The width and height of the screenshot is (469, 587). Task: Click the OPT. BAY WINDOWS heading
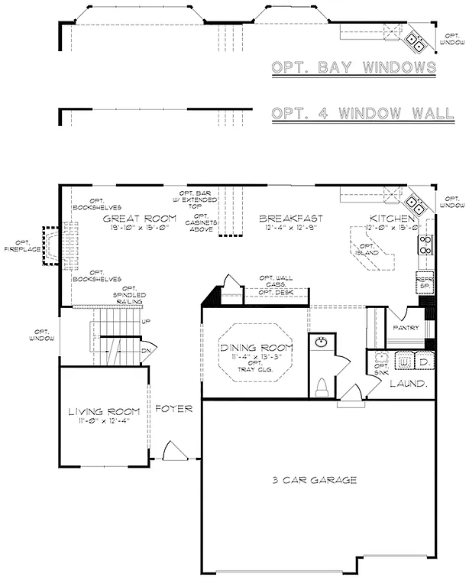coord(354,68)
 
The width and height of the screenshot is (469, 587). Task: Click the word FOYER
coord(174,409)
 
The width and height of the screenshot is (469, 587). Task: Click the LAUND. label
coord(409,384)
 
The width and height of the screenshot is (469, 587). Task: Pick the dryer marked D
coord(423,361)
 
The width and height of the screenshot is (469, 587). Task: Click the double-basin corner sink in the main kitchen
coord(416,203)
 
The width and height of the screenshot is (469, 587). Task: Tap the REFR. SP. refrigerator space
coord(424,284)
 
